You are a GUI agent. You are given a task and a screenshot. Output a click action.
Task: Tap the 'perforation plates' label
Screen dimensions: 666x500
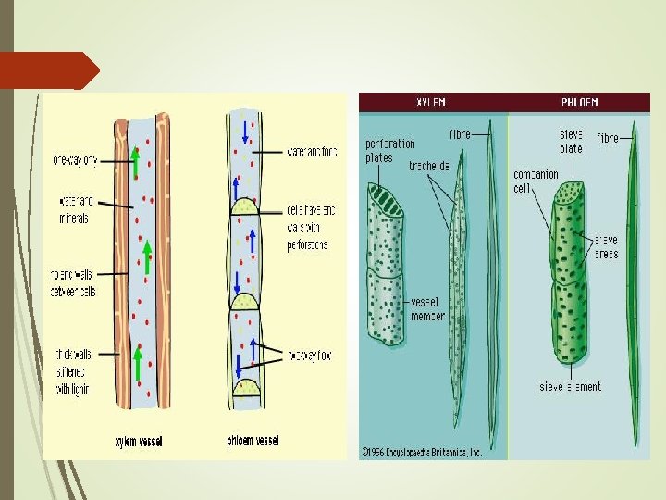click(x=390, y=150)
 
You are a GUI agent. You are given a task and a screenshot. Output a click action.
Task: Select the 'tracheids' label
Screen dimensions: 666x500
click(x=428, y=167)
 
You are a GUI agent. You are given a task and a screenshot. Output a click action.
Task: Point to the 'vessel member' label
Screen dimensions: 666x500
click(x=428, y=309)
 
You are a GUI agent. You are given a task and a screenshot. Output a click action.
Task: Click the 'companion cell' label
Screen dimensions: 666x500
click(x=536, y=181)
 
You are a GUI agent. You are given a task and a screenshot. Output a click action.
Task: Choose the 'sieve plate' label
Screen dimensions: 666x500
click(x=571, y=141)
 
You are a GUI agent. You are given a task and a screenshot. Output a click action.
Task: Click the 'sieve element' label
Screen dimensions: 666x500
click(x=572, y=386)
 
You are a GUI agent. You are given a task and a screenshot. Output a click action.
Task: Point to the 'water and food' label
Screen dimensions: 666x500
click(x=312, y=152)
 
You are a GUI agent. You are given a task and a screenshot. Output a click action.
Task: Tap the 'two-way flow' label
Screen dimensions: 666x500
click(x=310, y=354)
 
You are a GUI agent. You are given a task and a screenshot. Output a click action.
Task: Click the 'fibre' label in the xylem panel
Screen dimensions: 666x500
click(x=460, y=134)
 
